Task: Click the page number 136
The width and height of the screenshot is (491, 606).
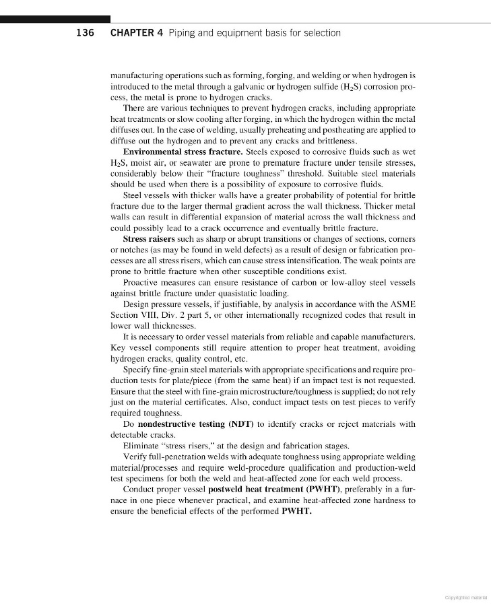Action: [86, 33]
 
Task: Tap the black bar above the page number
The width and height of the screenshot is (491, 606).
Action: [55, 20]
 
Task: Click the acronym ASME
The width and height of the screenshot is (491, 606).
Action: [403, 304]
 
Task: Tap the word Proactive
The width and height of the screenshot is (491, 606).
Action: [144, 282]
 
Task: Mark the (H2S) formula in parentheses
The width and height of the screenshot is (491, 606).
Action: [344, 86]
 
